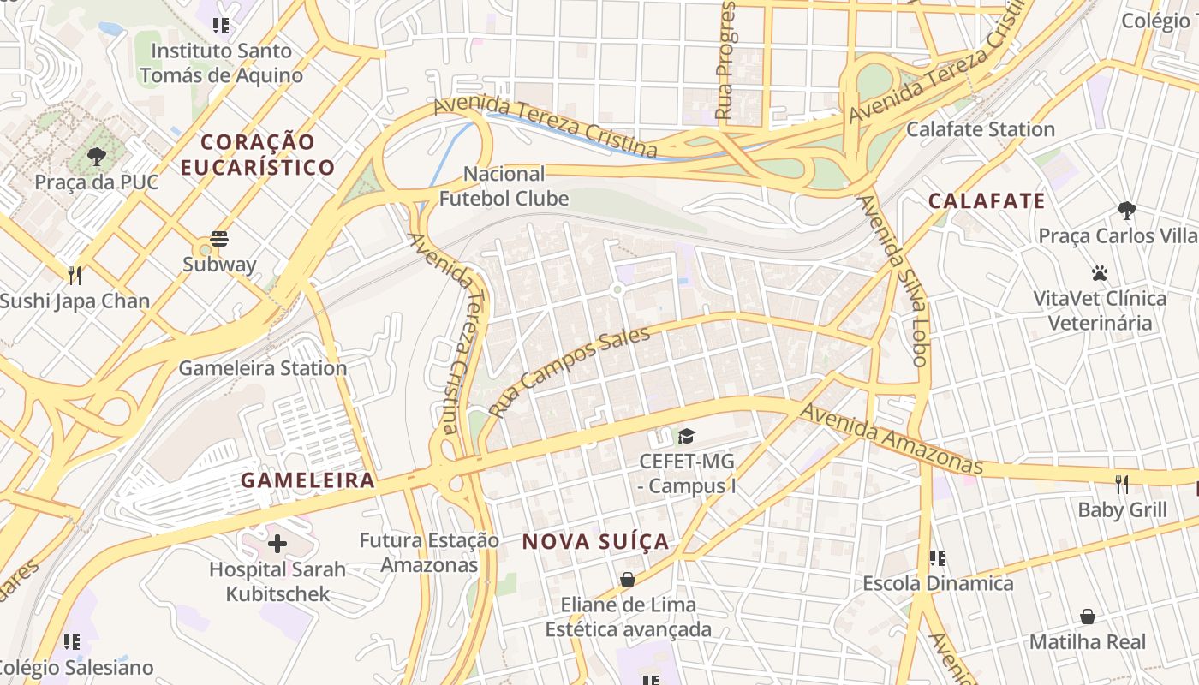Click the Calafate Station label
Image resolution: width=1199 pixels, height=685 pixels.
click(980, 129)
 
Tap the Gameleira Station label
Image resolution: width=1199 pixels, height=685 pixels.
click(262, 368)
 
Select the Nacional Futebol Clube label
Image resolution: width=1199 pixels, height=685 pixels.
click(504, 187)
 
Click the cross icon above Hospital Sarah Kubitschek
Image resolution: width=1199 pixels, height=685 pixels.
click(277, 544)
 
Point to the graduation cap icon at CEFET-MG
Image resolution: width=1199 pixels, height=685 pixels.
click(686, 437)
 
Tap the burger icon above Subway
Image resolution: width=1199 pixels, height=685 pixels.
click(219, 239)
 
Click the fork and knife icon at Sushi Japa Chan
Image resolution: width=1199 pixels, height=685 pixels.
click(75, 275)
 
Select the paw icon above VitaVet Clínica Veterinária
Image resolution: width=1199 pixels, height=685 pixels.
click(1100, 273)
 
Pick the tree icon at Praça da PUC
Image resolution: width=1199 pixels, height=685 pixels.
click(97, 157)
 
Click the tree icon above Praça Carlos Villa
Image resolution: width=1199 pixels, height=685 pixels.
click(1127, 210)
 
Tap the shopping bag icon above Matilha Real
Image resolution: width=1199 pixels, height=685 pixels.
click(1087, 616)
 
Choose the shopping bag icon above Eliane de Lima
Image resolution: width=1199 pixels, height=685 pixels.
click(628, 580)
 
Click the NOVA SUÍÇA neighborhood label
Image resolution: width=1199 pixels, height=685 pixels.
click(595, 542)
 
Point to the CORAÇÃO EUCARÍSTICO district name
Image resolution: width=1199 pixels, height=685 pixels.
click(257, 154)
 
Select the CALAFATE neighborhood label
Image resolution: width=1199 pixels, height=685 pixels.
click(987, 201)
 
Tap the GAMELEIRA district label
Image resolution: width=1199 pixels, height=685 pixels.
click(307, 480)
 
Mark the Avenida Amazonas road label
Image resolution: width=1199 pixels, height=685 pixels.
click(891, 438)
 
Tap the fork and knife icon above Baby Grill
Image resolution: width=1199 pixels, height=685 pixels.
click(1122, 485)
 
